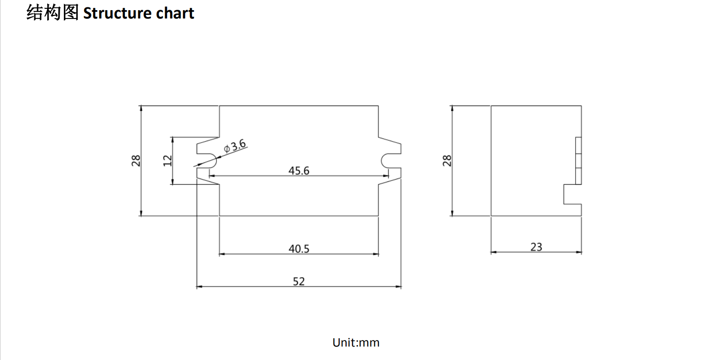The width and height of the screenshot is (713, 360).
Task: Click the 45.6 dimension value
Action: pos(298,171)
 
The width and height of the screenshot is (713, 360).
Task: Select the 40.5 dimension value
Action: pos(298,248)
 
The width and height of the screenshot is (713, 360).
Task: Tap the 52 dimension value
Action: pos(298,281)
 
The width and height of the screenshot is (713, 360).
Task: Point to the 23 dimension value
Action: pos(536,247)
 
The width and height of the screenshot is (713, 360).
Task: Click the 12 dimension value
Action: pos(167,161)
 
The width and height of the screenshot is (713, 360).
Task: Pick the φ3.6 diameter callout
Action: pos(235,146)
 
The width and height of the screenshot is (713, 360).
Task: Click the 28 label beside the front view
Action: pos(136,161)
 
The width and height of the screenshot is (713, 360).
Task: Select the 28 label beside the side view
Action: pos(447,161)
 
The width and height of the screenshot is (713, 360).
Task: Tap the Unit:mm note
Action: pos(356,342)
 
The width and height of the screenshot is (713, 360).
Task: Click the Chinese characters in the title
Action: pos(53,13)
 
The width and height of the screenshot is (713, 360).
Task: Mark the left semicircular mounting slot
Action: pos(207,161)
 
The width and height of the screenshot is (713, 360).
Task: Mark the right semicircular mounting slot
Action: pos(391,161)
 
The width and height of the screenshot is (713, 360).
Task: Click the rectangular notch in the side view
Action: pos(573,194)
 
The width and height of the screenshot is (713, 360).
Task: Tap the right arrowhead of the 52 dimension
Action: pos(398,286)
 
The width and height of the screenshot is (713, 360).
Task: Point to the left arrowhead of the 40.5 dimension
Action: pos(222,254)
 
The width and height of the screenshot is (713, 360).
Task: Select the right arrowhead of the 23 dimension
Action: pos(579,252)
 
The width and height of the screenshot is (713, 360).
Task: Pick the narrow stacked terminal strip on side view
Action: pos(578,161)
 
